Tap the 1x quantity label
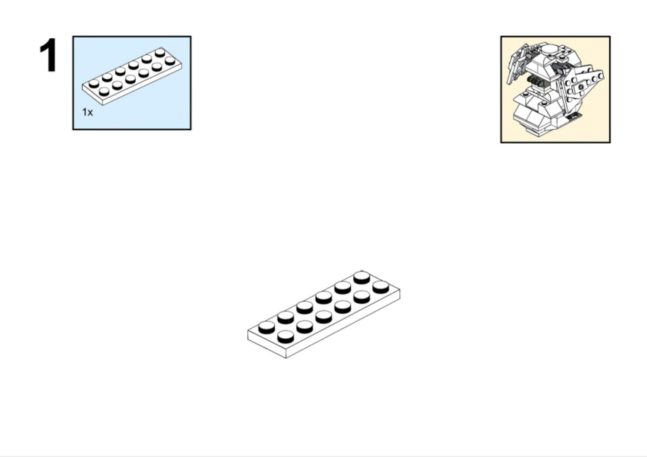pyautogui.click(x=87, y=112)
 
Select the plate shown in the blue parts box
pyautogui.click(x=132, y=76)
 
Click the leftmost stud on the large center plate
pyautogui.click(x=267, y=327)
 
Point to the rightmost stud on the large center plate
pyautogui.click(x=381, y=287)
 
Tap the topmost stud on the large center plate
pyautogui.click(x=362, y=278)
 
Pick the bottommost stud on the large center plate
pyautogui.click(x=286, y=337)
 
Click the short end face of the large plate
pyautogui.click(x=267, y=343)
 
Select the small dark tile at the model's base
pyautogui.click(x=574, y=117)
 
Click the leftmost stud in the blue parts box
pyautogui.click(x=94, y=84)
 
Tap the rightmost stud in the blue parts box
pyautogui.click(x=170, y=61)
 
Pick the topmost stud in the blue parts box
pyautogui.click(x=160, y=52)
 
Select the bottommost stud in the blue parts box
pyautogui.click(x=104, y=92)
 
